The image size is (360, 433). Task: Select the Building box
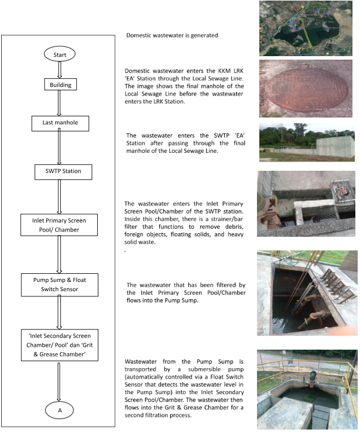(x=60, y=85)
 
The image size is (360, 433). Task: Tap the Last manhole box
(x=60, y=123)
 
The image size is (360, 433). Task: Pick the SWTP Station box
(x=60, y=172)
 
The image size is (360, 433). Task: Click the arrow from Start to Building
(x=60, y=69)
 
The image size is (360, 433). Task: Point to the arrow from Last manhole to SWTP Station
(x=60, y=148)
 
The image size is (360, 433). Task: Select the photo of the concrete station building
(x=306, y=142)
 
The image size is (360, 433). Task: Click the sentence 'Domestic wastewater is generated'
(x=172, y=36)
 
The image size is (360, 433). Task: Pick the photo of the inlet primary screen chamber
(x=306, y=203)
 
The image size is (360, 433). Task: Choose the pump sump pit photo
(x=306, y=292)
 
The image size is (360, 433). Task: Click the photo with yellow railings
(x=306, y=389)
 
